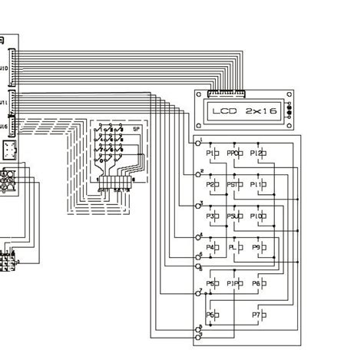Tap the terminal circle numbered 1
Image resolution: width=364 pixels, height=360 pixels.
point(198,144)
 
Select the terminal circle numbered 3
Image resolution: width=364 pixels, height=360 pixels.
point(198,207)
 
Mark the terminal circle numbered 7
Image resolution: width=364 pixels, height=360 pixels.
point(198,293)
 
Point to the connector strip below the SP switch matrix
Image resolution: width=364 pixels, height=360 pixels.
point(114,181)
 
